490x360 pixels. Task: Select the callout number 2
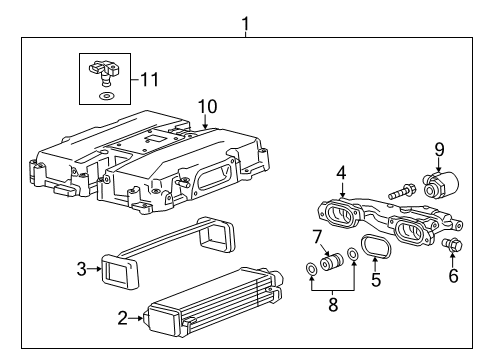coord(121,318)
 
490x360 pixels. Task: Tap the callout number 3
coord(83,267)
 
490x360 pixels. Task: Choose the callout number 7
coord(317,236)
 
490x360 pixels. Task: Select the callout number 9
coord(438,150)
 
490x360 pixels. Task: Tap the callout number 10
coord(206,106)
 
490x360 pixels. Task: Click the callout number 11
coord(150,76)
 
